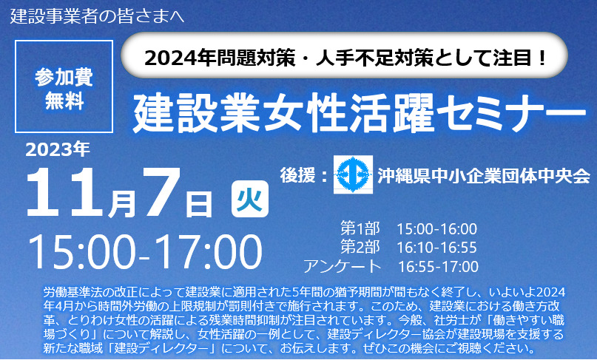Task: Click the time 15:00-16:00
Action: (436, 228)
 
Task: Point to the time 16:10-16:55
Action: (436, 247)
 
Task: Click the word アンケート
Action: (342, 266)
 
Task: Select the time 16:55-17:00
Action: (438, 266)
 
